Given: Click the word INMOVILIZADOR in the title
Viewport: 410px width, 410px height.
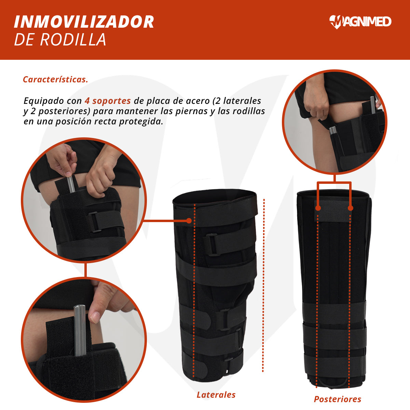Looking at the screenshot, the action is (x=84, y=22).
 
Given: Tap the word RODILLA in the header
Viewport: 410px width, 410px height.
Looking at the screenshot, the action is (x=73, y=39).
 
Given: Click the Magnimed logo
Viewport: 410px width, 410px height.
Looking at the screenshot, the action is (x=360, y=22).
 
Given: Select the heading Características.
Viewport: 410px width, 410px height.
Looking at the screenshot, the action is (x=55, y=79).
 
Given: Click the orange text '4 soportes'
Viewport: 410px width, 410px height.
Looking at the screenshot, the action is (x=108, y=101).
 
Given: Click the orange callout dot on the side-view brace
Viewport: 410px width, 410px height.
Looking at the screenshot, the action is (x=189, y=221).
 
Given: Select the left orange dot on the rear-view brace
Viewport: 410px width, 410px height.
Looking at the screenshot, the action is (x=318, y=208).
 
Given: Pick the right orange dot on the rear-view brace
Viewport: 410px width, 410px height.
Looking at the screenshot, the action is (x=351, y=208).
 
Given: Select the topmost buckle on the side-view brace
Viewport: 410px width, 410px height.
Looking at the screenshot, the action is (x=211, y=244).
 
